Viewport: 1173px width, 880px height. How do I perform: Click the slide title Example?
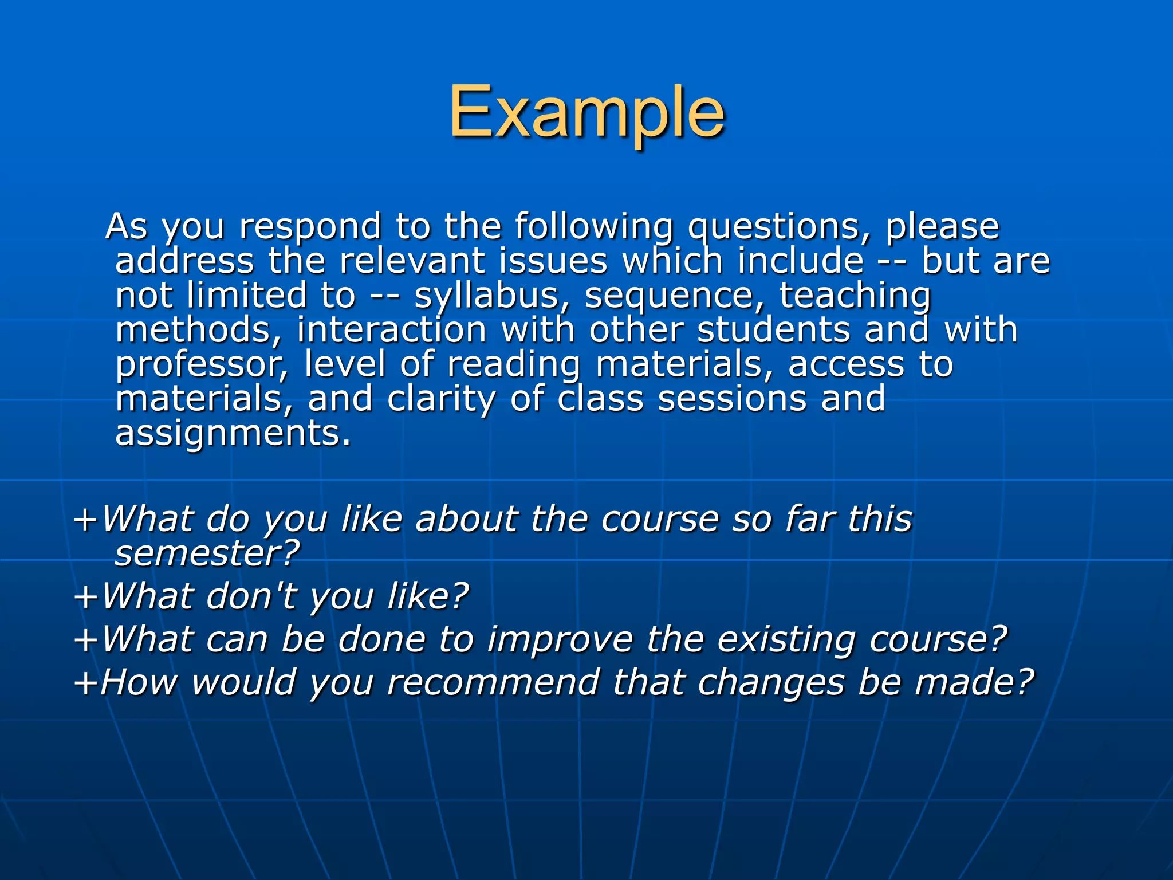tap(586, 112)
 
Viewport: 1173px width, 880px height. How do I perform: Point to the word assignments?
tap(233, 433)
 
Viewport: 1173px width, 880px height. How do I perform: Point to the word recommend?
tap(493, 682)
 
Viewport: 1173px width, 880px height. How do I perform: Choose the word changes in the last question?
tap(770, 682)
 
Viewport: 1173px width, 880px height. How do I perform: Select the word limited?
tap(247, 296)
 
